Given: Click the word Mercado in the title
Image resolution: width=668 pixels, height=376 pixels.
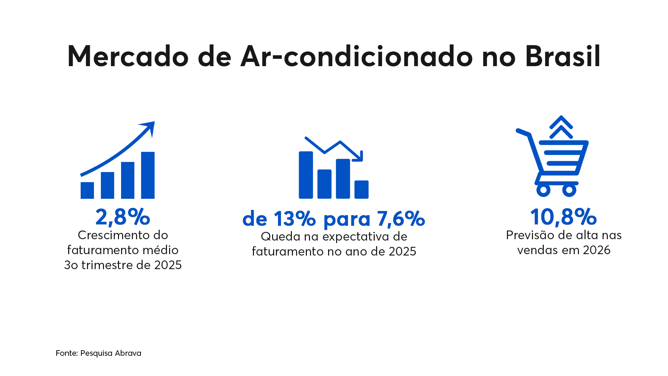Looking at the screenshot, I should [128, 56].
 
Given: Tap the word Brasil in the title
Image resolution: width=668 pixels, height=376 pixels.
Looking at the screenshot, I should [563, 56].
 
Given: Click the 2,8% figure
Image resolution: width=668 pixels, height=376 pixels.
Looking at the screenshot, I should [122, 217].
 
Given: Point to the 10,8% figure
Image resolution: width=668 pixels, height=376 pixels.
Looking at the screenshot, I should [563, 217].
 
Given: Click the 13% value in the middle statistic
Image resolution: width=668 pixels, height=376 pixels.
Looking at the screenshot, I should [294, 219].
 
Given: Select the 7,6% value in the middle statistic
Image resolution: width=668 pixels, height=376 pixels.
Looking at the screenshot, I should [401, 219].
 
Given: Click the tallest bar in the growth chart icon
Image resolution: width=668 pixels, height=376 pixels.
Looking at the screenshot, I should [148, 175].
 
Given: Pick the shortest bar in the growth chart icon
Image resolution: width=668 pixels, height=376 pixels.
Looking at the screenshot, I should [87, 190].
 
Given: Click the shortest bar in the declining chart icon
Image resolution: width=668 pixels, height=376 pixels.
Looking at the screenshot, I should [361, 189].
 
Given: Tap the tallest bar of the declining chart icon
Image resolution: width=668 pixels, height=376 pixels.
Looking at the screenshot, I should [306, 175].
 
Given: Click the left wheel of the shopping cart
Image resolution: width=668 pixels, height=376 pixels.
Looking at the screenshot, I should [543, 190].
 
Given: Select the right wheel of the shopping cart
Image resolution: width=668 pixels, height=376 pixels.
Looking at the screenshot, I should [569, 190].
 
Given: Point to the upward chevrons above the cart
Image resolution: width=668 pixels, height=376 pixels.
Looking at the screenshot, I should [561, 127].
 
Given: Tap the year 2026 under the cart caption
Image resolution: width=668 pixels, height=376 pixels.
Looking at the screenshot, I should [597, 250].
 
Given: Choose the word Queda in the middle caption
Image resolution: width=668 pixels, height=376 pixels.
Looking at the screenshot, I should [280, 237].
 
